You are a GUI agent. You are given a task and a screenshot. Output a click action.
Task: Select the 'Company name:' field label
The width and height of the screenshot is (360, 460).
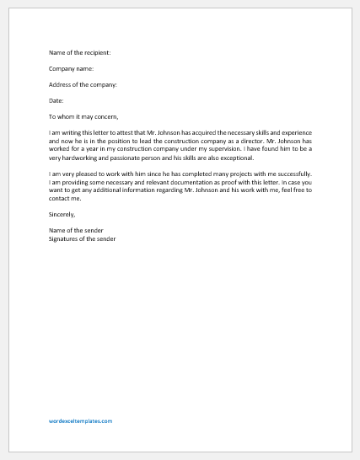pos(72,68)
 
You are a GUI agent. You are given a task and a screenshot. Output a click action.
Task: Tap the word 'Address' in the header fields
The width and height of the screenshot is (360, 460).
pos(62,84)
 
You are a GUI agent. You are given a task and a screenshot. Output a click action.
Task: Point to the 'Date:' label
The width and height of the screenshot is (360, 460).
pos(56,100)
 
